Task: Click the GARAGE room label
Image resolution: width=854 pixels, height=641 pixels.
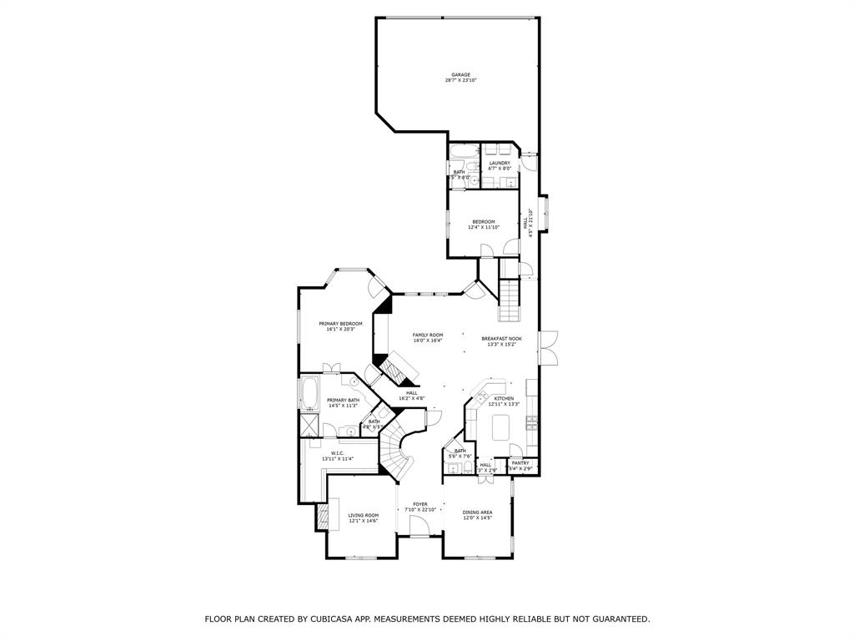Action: tap(461, 74)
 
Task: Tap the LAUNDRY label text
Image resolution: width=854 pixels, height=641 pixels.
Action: tap(500, 163)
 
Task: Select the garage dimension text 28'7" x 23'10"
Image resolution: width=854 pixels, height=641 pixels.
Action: tap(461, 81)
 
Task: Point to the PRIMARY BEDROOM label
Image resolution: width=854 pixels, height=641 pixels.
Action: tap(340, 323)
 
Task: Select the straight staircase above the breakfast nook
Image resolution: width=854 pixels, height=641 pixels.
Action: tap(508, 300)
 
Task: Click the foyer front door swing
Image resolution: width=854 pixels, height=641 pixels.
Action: tap(419, 526)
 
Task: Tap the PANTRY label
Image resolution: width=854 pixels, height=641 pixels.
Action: tap(520, 462)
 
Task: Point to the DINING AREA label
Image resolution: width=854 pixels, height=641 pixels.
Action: tap(478, 512)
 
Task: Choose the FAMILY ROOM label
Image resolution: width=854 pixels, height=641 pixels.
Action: tap(428, 335)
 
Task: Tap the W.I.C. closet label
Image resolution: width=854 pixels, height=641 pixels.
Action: tap(338, 453)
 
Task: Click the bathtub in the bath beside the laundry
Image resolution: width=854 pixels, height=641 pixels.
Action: tap(463, 152)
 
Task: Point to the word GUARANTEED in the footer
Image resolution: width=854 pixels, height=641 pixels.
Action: tap(616, 619)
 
